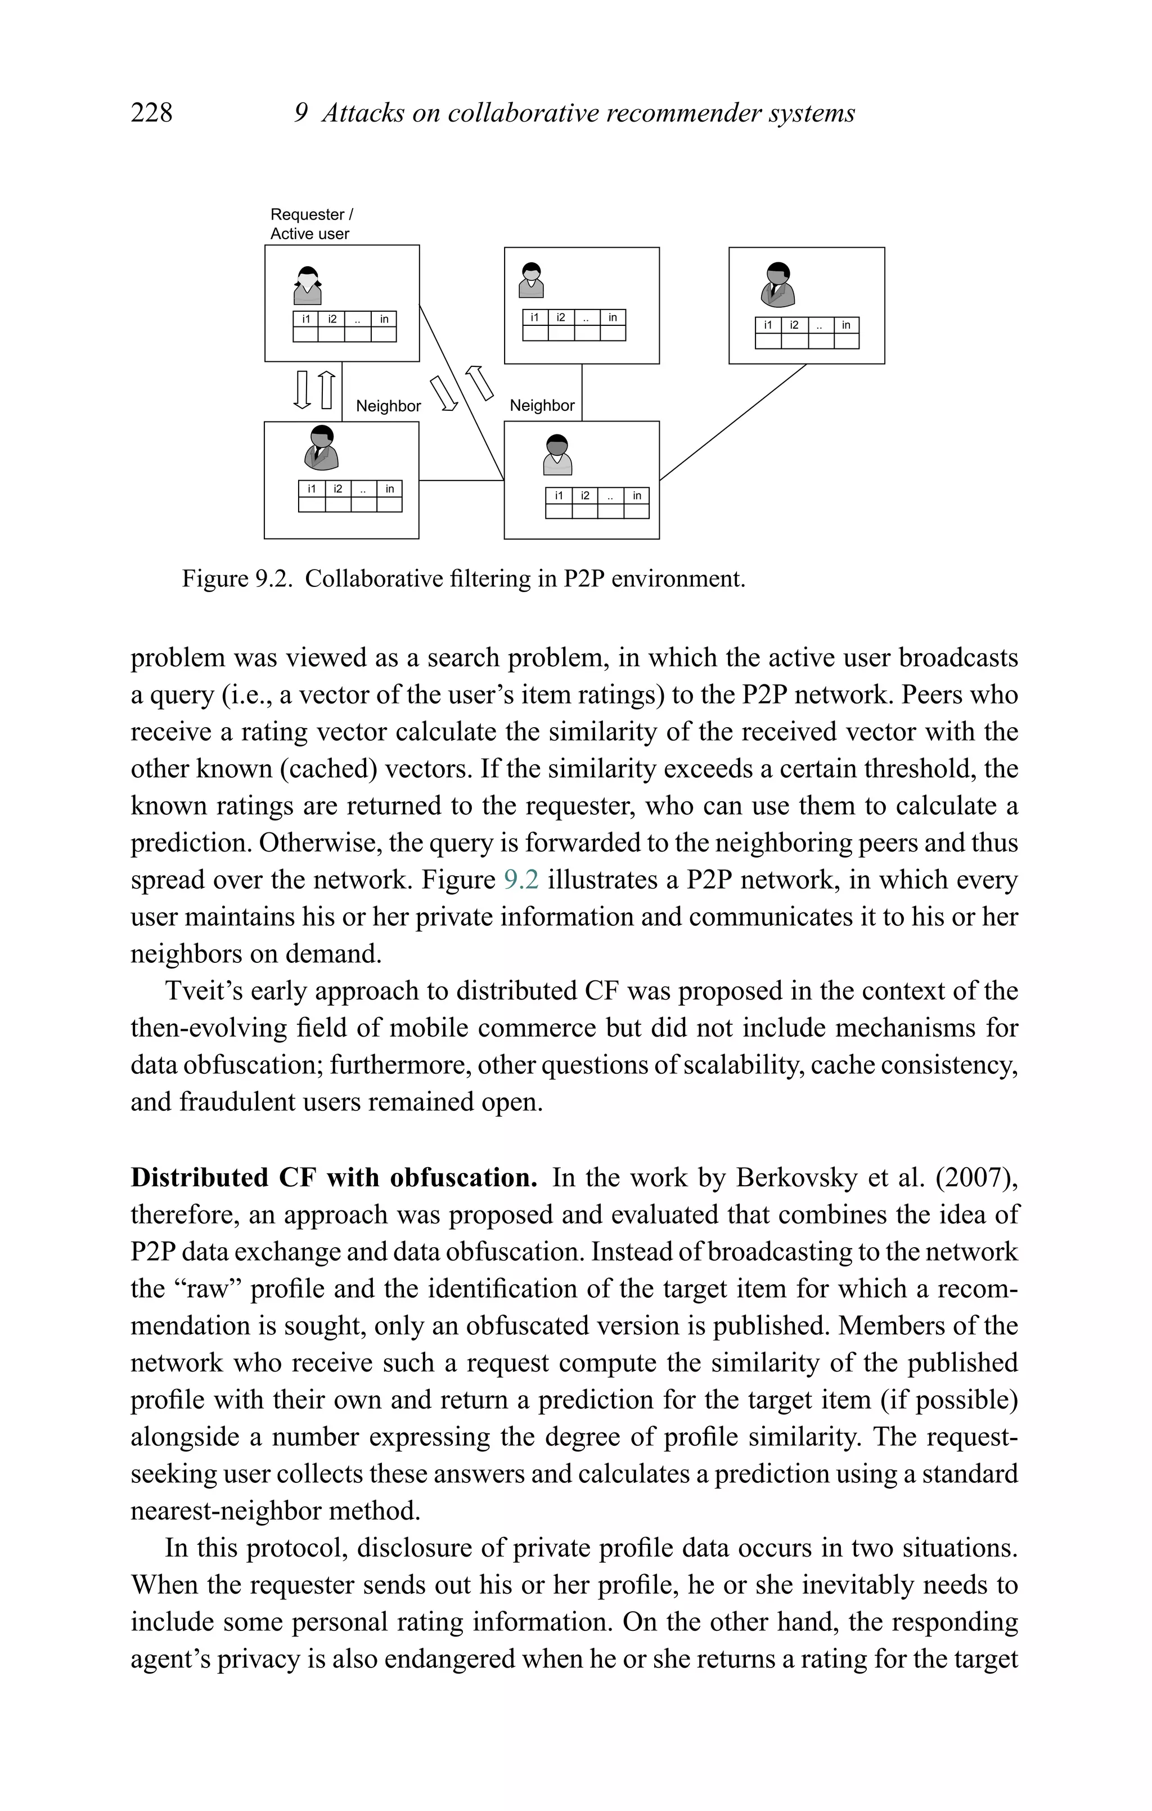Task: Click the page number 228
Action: coord(151,113)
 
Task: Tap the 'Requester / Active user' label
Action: coord(310,224)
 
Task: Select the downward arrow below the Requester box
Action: coord(302,389)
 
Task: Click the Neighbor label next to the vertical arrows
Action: coord(388,406)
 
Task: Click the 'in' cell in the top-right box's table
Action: coord(846,325)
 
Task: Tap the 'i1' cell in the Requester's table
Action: coord(306,319)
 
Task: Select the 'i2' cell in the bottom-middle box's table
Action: coord(584,496)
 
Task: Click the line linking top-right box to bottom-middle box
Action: coord(733,422)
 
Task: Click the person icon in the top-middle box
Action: coord(532,280)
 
